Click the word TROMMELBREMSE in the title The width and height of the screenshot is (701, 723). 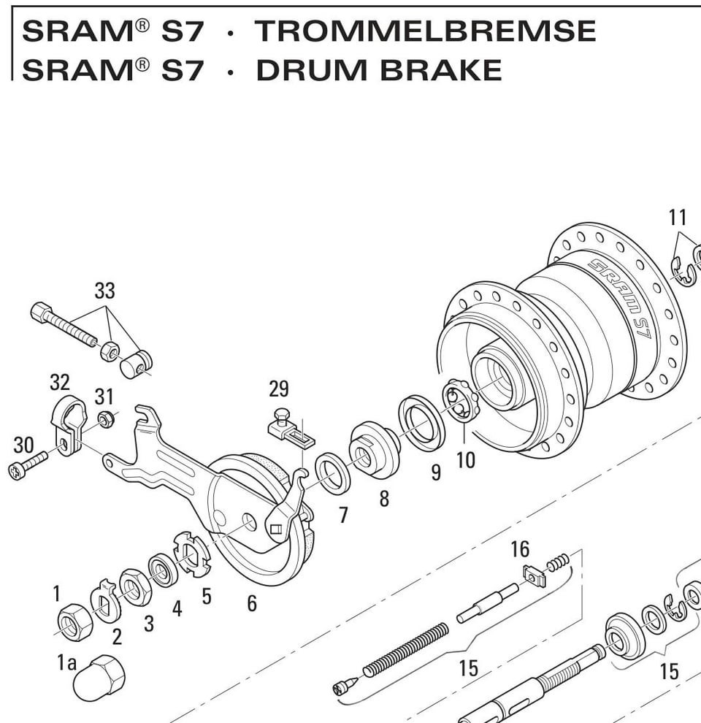[425, 31]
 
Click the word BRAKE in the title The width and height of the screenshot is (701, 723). [440, 70]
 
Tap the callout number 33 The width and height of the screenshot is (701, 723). [104, 291]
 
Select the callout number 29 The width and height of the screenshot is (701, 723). [279, 389]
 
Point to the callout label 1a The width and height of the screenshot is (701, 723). [66, 662]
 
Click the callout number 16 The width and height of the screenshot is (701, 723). [520, 549]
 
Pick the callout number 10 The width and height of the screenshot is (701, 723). [465, 460]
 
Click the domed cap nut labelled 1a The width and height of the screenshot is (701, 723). [99, 678]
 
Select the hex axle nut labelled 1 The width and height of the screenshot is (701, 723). [74, 621]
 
